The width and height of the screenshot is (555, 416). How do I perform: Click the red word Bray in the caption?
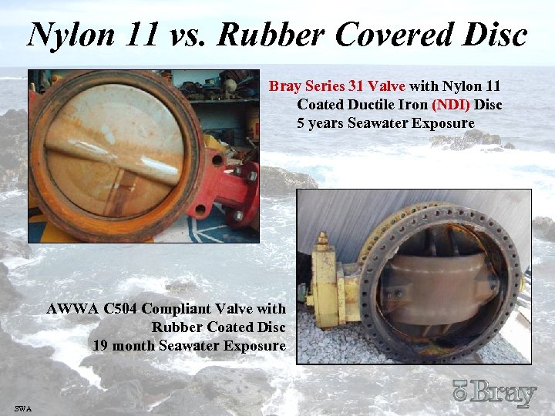click(285, 86)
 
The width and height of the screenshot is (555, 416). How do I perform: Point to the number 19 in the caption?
click(99, 346)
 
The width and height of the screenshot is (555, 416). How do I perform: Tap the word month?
click(133, 346)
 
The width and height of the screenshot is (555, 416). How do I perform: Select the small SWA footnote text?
click(22, 408)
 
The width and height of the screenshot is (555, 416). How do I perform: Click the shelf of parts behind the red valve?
click(216, 92)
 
